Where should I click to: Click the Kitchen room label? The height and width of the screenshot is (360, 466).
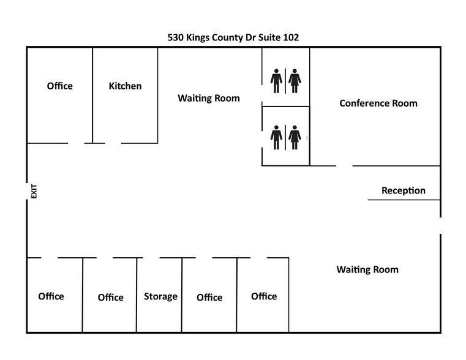pos(125,86)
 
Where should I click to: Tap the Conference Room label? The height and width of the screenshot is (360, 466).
pos(378,103)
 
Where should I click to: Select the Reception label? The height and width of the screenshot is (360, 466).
pos(404,190)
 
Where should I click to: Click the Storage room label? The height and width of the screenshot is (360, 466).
pos(160,296)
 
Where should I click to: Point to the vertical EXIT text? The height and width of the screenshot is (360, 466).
pos(34,191)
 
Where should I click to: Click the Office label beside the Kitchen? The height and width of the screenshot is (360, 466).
pos(60,86)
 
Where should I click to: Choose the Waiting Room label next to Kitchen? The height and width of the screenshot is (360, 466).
pos(209,98)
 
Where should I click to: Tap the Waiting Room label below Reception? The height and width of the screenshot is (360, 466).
pos(367,269)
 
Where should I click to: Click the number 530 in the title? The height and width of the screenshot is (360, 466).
pos(175,37)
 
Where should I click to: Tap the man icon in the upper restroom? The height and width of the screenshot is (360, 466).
pos(276,81)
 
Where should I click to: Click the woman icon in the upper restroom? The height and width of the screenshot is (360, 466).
pos(295,81)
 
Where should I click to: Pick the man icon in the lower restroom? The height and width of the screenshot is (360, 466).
pos(276,137)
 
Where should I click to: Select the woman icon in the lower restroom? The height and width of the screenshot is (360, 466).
pos(295,137)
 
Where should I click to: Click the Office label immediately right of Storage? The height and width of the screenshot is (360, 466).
pos(209,298)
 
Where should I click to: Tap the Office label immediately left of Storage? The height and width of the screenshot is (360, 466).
pos(111,298)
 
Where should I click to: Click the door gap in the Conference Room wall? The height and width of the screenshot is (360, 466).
pos(344,166)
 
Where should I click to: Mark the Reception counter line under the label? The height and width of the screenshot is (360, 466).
pos(404,200)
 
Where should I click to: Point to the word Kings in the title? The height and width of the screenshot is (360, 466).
pos(198,38)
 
